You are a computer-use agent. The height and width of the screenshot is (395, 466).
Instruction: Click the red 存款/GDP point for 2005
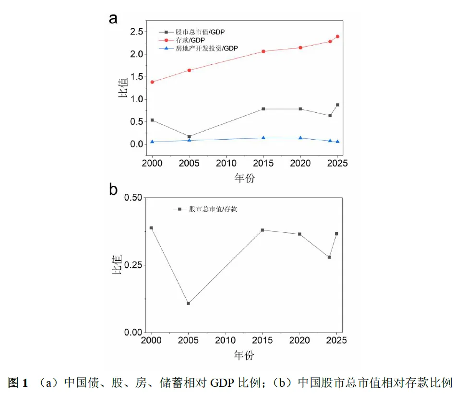(189, 70)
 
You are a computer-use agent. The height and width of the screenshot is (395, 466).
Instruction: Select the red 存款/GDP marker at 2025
(337, 36)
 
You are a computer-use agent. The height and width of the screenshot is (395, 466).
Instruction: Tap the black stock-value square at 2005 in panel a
(189, 136)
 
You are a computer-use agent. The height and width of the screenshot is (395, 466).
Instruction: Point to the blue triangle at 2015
(263, 138)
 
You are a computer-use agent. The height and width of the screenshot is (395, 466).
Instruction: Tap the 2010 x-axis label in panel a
(226, 163)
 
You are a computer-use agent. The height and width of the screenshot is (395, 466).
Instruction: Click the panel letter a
(113, 18)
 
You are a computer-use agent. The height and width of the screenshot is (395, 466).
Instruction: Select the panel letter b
(113, 190)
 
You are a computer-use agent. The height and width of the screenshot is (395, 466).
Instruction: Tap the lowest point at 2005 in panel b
(188, 303)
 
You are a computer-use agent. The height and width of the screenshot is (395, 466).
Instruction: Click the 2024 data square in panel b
(329, 257)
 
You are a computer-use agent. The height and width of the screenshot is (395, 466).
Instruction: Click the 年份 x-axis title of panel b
(244, 356)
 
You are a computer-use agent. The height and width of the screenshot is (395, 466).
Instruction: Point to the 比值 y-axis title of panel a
(123, 87)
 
